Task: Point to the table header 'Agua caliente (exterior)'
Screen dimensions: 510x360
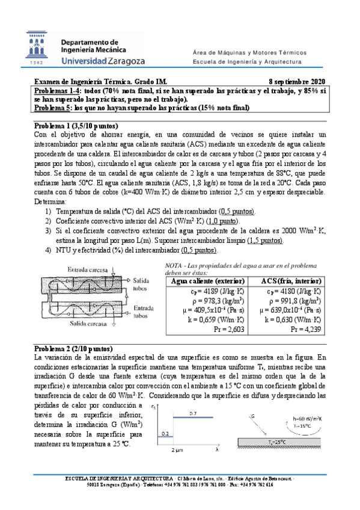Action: coord(208,281)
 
